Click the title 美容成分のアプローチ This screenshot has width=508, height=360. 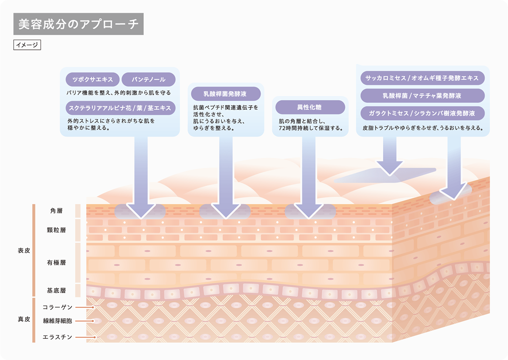[x=78, y=24]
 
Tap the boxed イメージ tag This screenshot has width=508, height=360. [x=27, y=45]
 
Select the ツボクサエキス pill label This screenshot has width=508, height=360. [x=92, y=79]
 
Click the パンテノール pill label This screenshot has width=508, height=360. [x=149, y=79]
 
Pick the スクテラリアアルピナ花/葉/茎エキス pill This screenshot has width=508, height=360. [x=120, y=107]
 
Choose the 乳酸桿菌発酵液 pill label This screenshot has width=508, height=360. [x=225, y=94]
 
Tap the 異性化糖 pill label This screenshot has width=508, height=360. [x=310, y=107]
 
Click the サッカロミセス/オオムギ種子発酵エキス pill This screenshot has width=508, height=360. [x=422, y=78]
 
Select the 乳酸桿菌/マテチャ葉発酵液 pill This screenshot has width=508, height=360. [x=422, y=95]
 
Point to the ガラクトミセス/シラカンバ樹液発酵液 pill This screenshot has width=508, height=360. [x=422, y=113]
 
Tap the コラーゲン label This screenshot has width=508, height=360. [x=57, y=307]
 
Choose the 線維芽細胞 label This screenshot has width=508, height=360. [x=57, y=321]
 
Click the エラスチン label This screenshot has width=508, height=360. [x=57, y=337]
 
